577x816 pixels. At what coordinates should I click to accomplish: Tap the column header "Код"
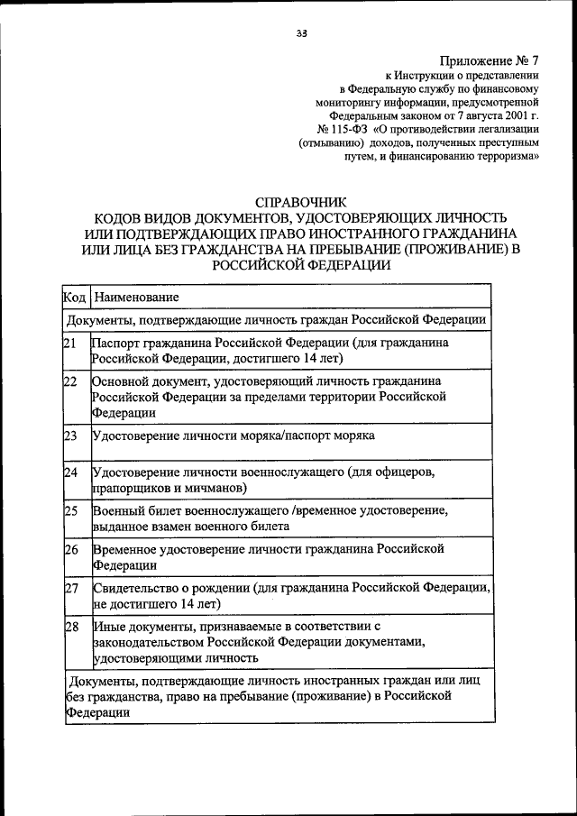click(75, 297)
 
